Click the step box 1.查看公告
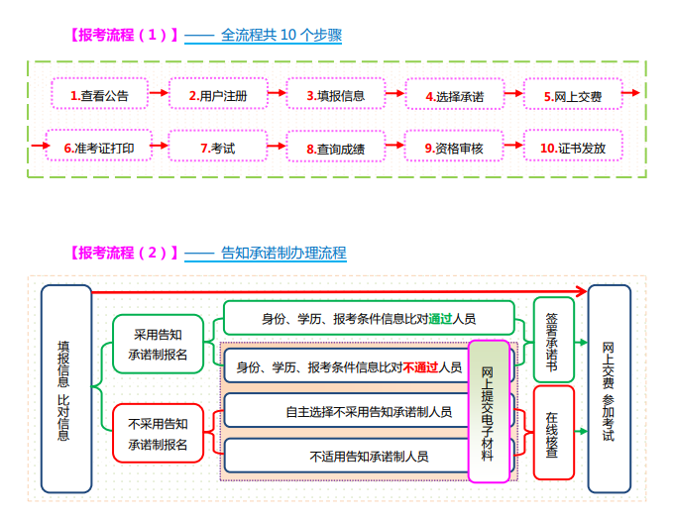[99, 96]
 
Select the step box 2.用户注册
[217, 96]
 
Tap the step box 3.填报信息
[335, 96]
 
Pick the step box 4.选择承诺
[454, 96]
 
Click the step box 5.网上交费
[573, 96]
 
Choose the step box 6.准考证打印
[99, 149]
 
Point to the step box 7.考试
[217, 149]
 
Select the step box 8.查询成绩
[335, 149]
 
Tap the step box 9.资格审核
[454, 149]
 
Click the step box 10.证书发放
[573, 149]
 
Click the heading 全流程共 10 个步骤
[281, 36]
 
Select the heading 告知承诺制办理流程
[283, 253]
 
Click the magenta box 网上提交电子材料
[488, 410]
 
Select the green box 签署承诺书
[552, 342]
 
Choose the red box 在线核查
[552, 434]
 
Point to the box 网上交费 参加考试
[609, 388]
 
